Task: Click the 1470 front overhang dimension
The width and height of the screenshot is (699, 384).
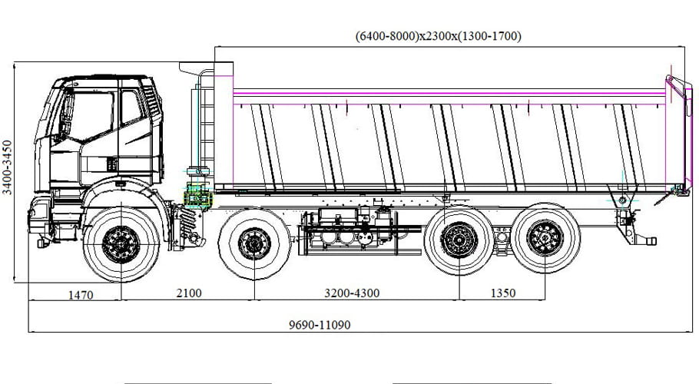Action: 80,293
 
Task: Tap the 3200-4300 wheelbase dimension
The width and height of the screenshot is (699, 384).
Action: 353,293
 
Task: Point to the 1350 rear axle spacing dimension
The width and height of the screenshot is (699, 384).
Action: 502,293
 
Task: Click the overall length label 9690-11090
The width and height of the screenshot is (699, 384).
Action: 320,325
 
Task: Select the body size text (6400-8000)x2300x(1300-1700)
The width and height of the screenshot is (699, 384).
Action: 439,36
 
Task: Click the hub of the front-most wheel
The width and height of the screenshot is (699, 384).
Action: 121,244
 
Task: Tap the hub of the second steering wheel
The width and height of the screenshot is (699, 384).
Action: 254,243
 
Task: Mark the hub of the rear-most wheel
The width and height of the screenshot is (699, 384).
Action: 545,238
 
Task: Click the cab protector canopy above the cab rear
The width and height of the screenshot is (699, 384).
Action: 197,68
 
